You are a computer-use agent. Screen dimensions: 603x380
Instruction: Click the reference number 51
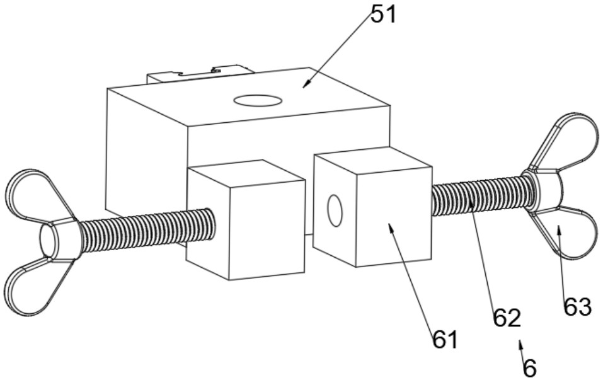click(x=383, y=14)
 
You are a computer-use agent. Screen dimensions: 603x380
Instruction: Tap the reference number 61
click(x=445, y=339)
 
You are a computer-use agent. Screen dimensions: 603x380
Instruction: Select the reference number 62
click(x=507, y=318)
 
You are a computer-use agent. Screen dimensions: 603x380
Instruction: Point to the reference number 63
click(x=577, y=307)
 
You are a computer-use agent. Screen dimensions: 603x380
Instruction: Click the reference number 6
click(x=530, y=368)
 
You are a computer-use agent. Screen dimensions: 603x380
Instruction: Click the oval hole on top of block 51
click(x=258, y=101)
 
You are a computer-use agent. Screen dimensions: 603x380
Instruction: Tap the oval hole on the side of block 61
click(x=335, y=210)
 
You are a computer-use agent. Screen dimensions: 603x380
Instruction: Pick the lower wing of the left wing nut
click(x=37, y=286)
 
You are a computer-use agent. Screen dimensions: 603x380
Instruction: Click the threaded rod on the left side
click(x=147, y=230)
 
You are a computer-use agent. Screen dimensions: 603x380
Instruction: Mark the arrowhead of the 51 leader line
click(x=306, y=84)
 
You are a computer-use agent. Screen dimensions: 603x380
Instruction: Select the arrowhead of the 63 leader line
click(x=559, y=230)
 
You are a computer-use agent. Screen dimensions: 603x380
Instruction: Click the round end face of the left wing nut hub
click(x=49, y=240)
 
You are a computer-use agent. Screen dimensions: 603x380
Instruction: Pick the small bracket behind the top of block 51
click(x=200, y=74)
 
